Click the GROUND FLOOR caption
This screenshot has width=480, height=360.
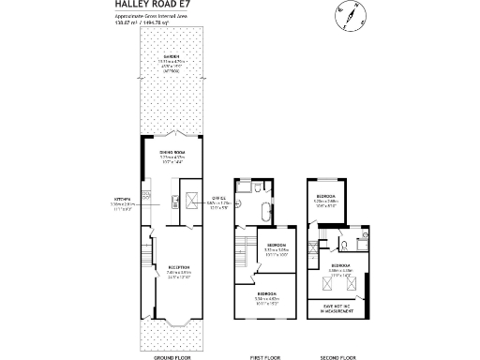pyautogui.click(x=172, y=357)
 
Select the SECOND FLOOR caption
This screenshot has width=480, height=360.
pyautogui.click(x=338, y=357)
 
